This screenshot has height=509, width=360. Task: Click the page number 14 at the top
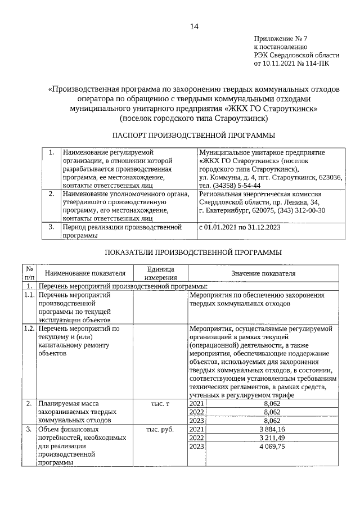click(x=194, y=26)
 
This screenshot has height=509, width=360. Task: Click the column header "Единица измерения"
click(x=160, y=273)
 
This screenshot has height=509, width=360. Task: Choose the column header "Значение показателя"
click(x=263, y=273)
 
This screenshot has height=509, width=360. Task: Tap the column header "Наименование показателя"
click(x=85, y=273)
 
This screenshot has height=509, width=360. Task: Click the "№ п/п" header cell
click(x=29, y=273)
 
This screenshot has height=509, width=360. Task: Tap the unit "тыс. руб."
click(x=160, y=430)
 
